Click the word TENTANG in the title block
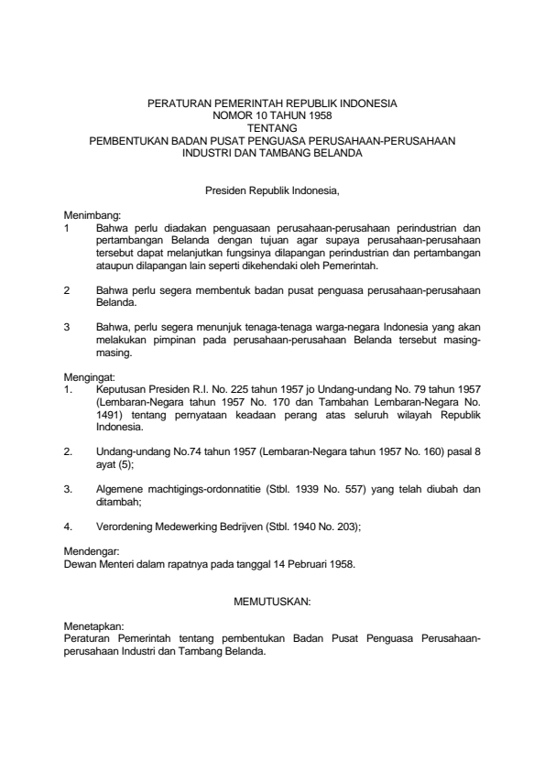click(272, 129)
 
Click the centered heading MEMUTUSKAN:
click(272, 601)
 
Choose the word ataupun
click(114, 265)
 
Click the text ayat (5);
click(115, 464)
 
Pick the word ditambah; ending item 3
click(118, 501)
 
